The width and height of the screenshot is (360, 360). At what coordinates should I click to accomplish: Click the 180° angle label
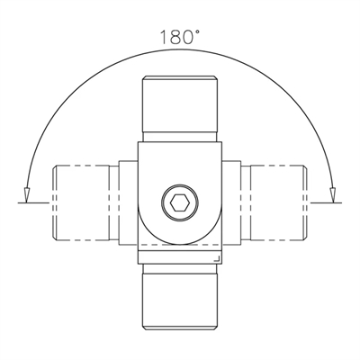point(179,37)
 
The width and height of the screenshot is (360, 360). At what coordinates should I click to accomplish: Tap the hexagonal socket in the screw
point(180,203)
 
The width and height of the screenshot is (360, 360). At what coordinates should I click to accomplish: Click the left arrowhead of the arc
point(27,195)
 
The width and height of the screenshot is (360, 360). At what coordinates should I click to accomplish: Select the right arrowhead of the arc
point(332,195)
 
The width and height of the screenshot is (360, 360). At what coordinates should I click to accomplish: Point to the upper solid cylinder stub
point(180,104)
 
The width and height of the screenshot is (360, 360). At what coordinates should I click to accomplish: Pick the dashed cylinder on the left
point(81,202)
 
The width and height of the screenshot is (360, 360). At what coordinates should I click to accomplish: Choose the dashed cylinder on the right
point(278,202)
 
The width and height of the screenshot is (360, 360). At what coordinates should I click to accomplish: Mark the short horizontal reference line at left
point(33,202)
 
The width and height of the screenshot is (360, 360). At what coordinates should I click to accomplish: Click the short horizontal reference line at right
point(326,202)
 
